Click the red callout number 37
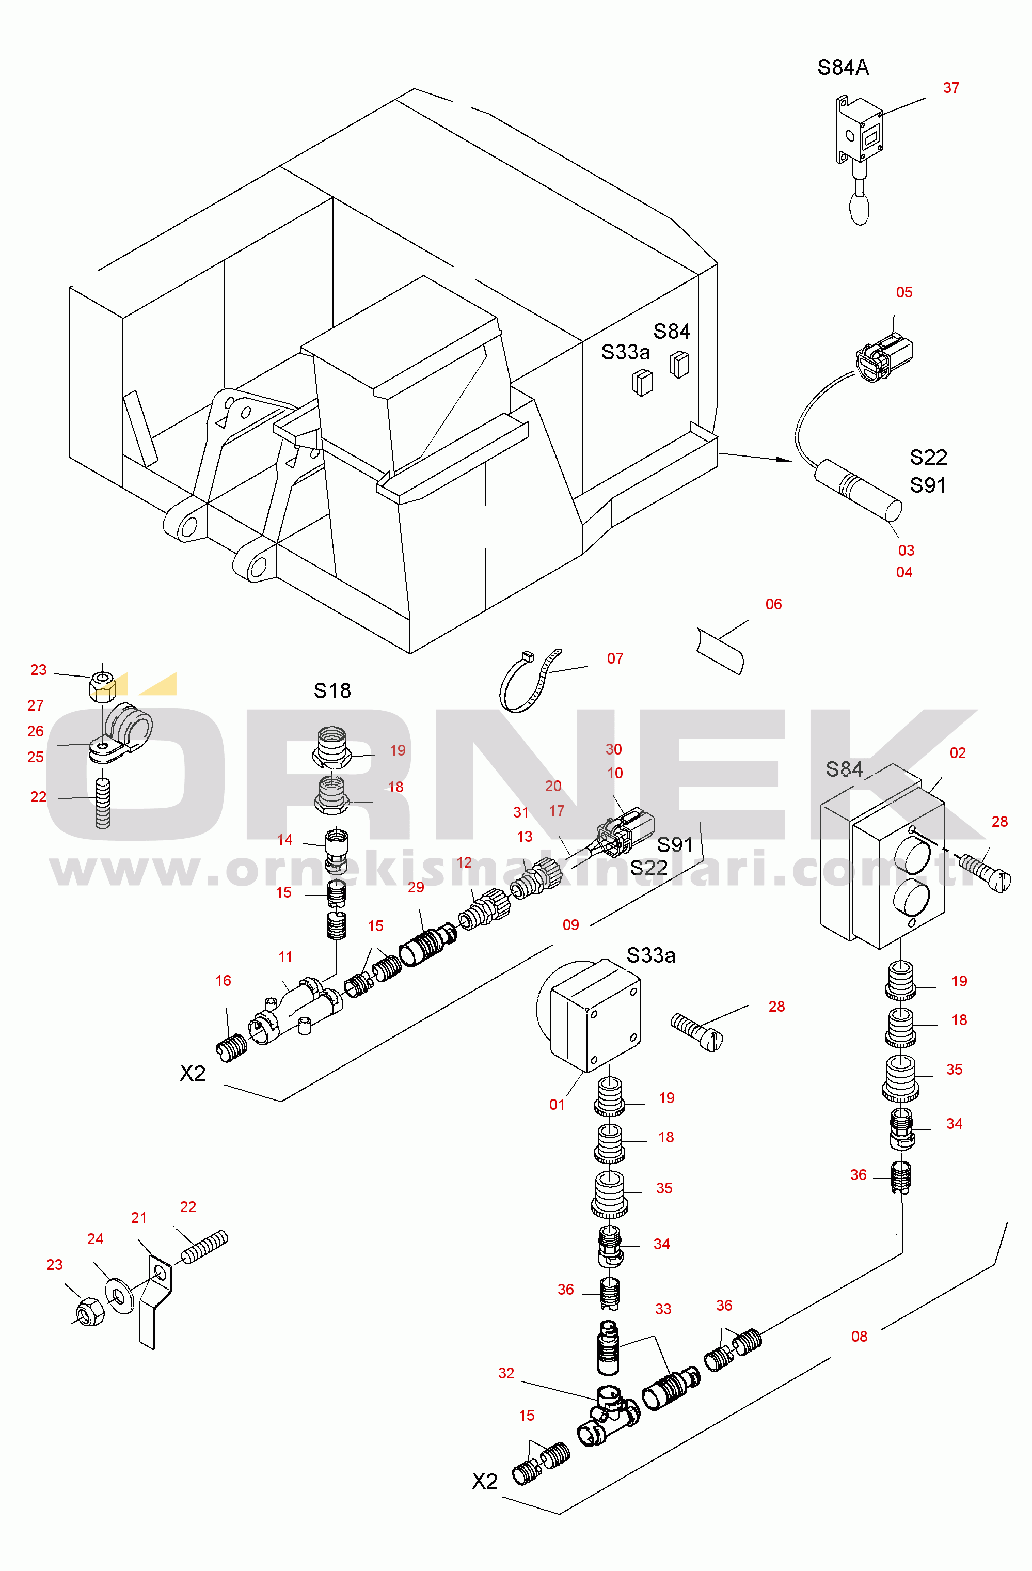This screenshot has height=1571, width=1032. pyautogui.click(x=951, y=88)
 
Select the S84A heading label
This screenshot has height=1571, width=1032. pyautogui.click(x=843, y=67)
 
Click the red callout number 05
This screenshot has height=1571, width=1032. pyautogui.click(x=904, y=292)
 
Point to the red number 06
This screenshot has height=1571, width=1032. pyautogui.click(x=773, y=604)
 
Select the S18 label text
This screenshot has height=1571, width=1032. pyautogui.click(x=332, y=691)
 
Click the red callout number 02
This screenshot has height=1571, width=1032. pyautogui.click(x=958, y=753)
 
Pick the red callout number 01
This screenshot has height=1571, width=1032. pyautogui.click(x=557, y=1105)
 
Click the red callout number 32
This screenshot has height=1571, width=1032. pyautogui.click(x=506, y=1373)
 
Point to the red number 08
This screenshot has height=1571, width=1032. pyautogui.click(x=859, y=1337)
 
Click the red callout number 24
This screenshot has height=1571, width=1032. pyautogui.click(x=95, y=1239)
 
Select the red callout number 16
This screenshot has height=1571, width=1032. pyautogui.click(x=223, y=981)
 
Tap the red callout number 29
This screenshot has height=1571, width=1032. pyautogui.click(x=416, y=887)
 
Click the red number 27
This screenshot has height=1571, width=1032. pyautogui.click(x=36, y=705)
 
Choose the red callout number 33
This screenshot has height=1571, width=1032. pyautogui.click(x=663, y=1309)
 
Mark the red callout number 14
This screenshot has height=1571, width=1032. pyautogui.click(x=284, y=840)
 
